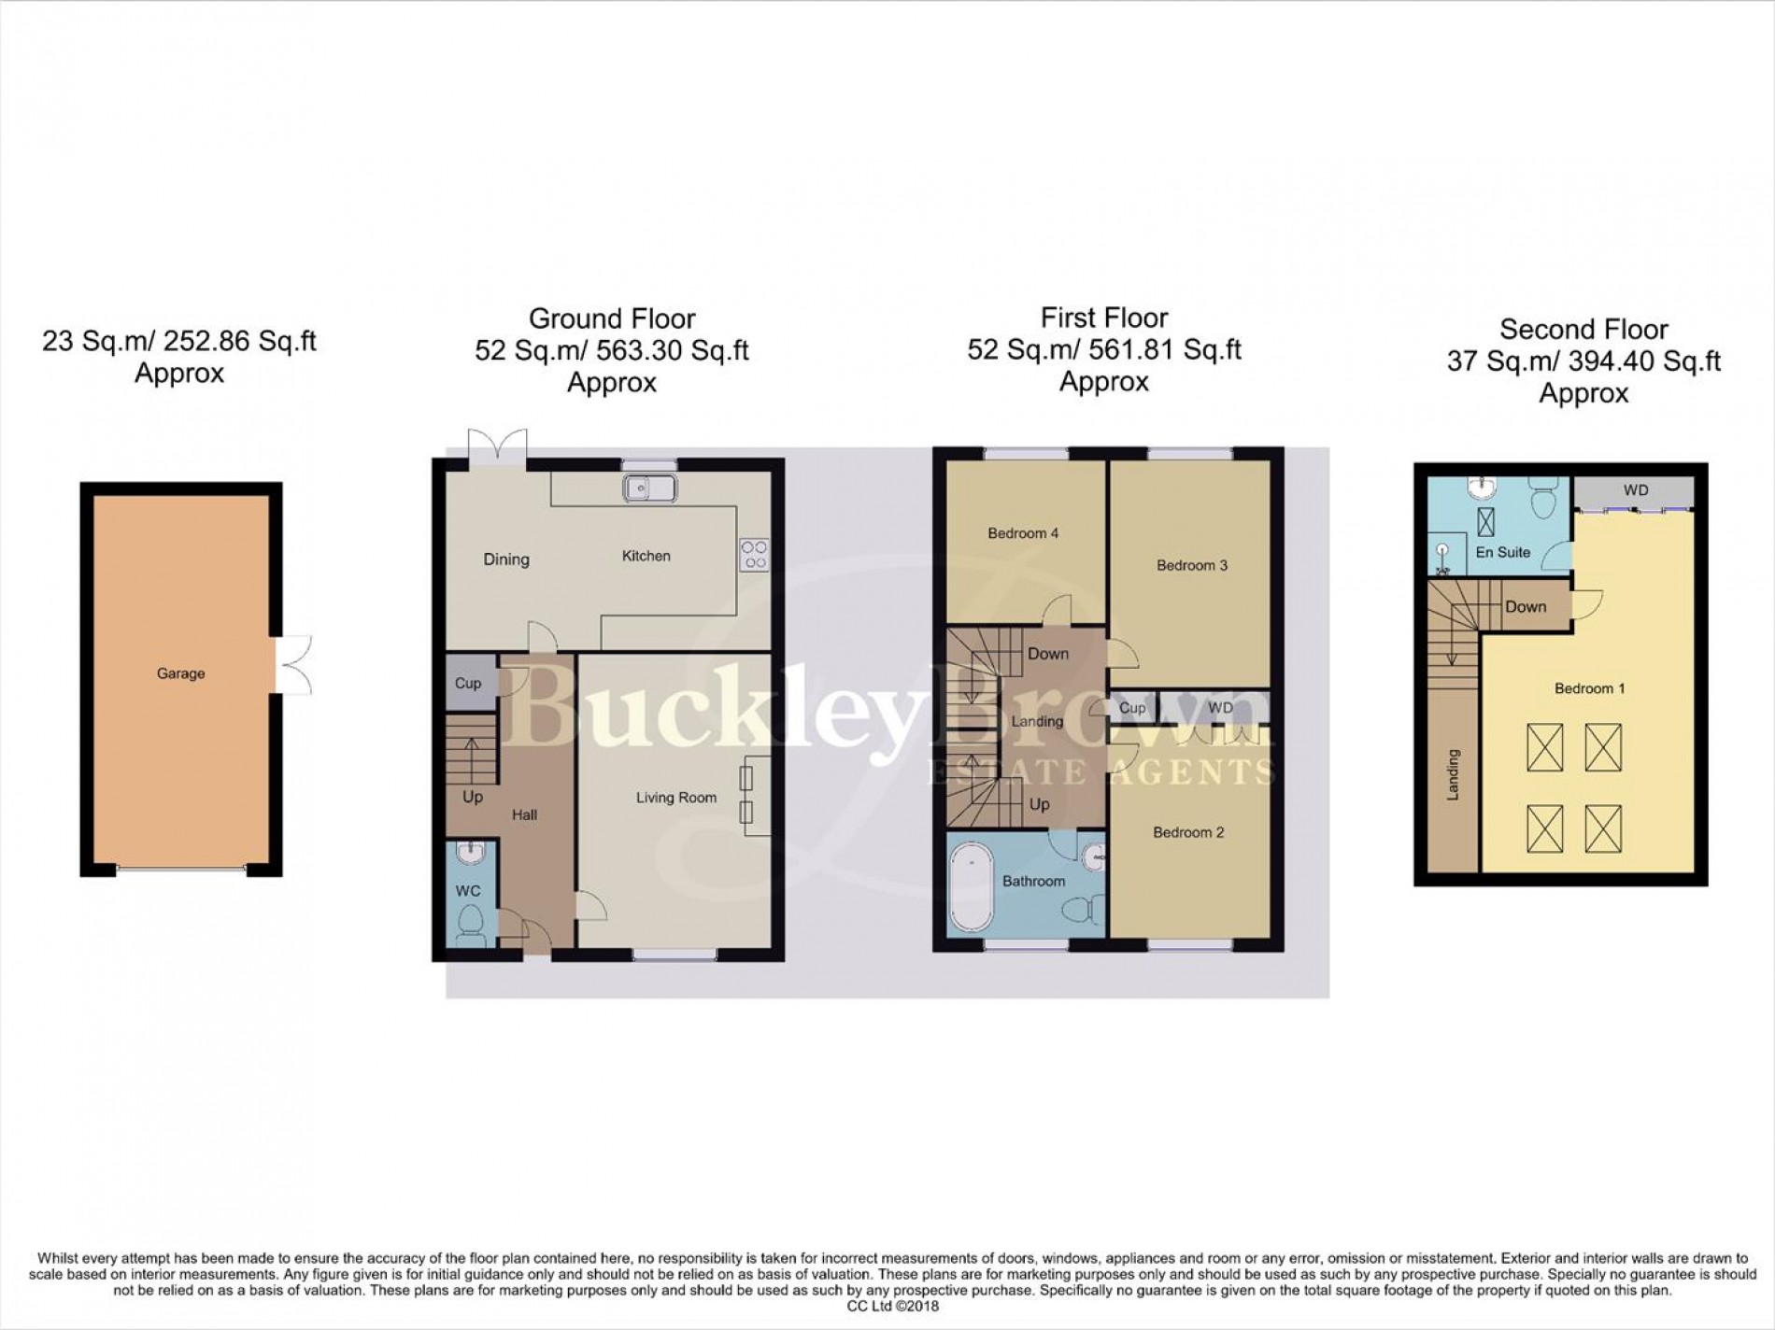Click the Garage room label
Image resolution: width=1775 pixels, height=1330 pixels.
tap(180, 673)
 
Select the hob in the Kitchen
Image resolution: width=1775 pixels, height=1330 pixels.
tap(754, 555)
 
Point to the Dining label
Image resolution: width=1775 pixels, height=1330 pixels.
tap(506, 559)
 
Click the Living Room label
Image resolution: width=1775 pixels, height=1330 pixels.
tap(676, 798)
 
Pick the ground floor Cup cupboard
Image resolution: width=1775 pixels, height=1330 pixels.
tap(468, 683)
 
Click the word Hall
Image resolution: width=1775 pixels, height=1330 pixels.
tap(524, 814)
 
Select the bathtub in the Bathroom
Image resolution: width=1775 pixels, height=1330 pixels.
tap(969, 884)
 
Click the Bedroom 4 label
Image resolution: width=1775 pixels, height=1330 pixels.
tap(1023, 533)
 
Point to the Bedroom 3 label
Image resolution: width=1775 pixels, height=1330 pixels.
tap(1192, 565)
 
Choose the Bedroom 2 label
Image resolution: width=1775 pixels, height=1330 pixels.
tap(1188, 832)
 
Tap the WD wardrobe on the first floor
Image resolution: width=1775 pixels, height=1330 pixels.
tap(1220, 708)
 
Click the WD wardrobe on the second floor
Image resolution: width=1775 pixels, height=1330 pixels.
tap(1635, 490)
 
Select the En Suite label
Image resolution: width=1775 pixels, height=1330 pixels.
tap(1502, 552)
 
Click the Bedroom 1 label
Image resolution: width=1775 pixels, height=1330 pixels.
tap(1589, 688)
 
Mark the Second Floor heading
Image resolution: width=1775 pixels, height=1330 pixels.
tap(1583, 330)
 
